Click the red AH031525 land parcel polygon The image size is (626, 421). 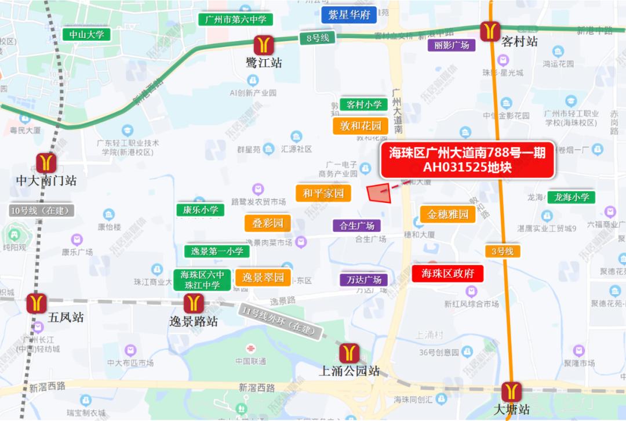pyautogui.click(x=380, y=194)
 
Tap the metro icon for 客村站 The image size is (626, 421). pyautogui.click(x=490, y=30)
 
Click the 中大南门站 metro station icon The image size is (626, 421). pyautogui.click(x=46, y=164)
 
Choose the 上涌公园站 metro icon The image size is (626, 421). pyautogui.click(x=349, y=353)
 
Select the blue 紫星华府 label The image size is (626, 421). pyautogui.click(x=349, y=14)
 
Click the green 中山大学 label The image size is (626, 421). pyautogui.click(x=86, y=35)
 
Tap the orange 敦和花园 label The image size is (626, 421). pyautogui.click(x=361, y=126)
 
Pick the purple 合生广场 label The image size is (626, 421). pyautogui.click(x=357, y=226)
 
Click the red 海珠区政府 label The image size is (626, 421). pyautogui.click(x=447, y=274)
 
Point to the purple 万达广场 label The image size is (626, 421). pyautogui.click(x=363, y=280)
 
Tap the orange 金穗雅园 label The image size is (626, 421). pyautogui.click(x=448, y=215)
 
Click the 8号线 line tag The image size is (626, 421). pyautogui.click(x=317, y=38)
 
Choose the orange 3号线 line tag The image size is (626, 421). pyautogui.click(x=503, y=251)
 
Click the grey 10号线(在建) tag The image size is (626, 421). pyautogui.click(x=41, y=210)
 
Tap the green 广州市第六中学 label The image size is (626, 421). pyautogui.click(x=235, y=20)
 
